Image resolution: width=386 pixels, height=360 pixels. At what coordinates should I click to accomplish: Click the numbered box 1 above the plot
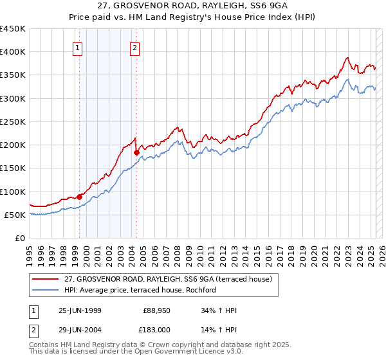(77, 47)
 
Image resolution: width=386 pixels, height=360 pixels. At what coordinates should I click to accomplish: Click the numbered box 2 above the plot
(135, 47)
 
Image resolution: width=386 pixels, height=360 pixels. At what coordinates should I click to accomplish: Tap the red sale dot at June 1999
(80, 197)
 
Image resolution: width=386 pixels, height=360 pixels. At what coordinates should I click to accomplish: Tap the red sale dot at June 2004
(136, 152)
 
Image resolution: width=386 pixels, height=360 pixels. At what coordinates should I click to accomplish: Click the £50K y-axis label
(15, 215)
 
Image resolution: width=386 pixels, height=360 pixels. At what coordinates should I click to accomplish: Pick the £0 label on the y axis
(20, 238)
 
